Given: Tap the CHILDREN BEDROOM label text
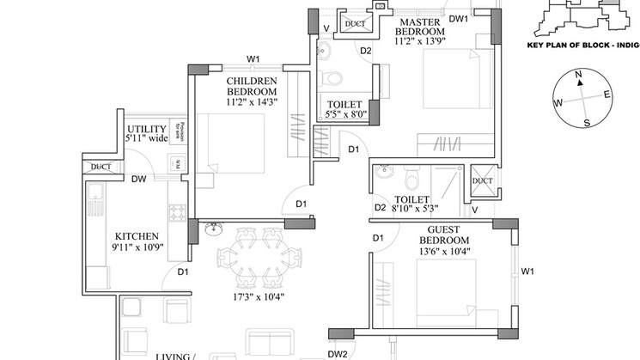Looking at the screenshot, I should pos(252,86).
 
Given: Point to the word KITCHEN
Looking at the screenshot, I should pos(137,236).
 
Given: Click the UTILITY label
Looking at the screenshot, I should pos(145,129).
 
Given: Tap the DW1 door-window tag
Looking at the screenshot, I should pos(458,17).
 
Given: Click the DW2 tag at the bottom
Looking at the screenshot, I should pos(337,353).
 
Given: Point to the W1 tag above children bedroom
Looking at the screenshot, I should pos(253,59).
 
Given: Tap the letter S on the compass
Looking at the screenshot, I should pos(586,122).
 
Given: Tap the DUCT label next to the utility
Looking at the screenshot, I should pos(101,167).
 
